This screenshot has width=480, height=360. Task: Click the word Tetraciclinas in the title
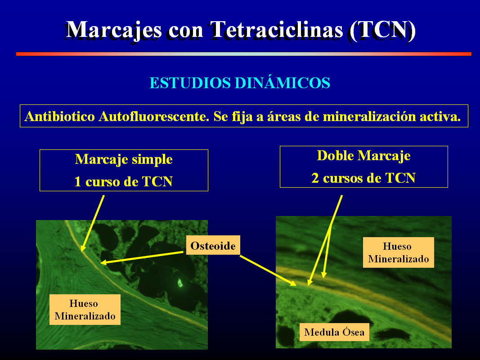pyautogui.click(x=276, y=30)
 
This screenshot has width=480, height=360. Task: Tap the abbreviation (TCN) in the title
pyautogui.click(x=382, y=31)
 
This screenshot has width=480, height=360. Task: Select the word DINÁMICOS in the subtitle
pyautogui.click(x=282, y=83)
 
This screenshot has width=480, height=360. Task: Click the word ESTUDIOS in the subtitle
pyautogui.click(x=190, y=83)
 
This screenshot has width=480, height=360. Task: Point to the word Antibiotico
pyautogui.click(x=60, y=117)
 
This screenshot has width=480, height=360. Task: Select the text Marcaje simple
pyautogui.click(x=124, y=159)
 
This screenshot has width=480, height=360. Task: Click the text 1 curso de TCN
pyautogui.click(x=124, y=181)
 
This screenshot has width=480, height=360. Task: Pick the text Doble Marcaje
pyautogui.click(x=363, y=156)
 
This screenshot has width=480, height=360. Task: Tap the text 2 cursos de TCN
pyautogui.click(x=363, y=178)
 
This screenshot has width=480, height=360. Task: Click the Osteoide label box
pyautogui.click(x=213, y=245)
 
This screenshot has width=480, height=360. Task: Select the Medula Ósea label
pyautogui.click(x=334, y=332)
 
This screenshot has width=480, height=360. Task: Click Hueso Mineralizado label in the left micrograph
pyautogui.click(x=85, y=310)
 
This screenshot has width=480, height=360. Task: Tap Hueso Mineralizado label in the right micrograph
pyautogui.click(x=398, y=252)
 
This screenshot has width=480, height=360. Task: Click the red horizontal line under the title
pyautogui.click(x=244, y=54)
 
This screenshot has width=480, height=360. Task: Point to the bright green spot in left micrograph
pyautogui.click(x=180, y=283)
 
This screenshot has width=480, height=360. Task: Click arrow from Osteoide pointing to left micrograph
pyautogui.click(x=142, y=257)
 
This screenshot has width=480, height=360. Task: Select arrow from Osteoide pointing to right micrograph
pyautogui.click(x=268, y=270)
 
